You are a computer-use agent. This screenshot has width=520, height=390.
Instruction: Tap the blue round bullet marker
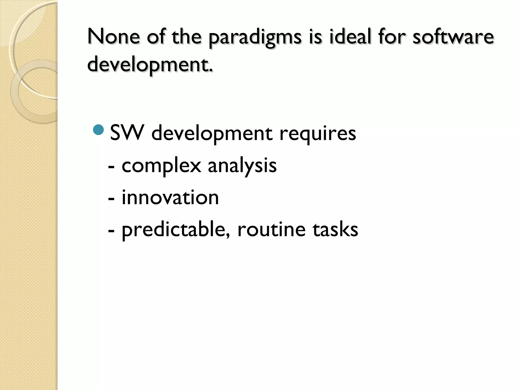click(x=99, y=130)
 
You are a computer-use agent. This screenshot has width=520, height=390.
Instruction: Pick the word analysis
click(x=242, y=166)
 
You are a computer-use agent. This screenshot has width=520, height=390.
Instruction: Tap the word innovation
click(x=170, y=198)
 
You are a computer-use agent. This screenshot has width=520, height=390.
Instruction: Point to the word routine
click(x=271, y=230)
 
